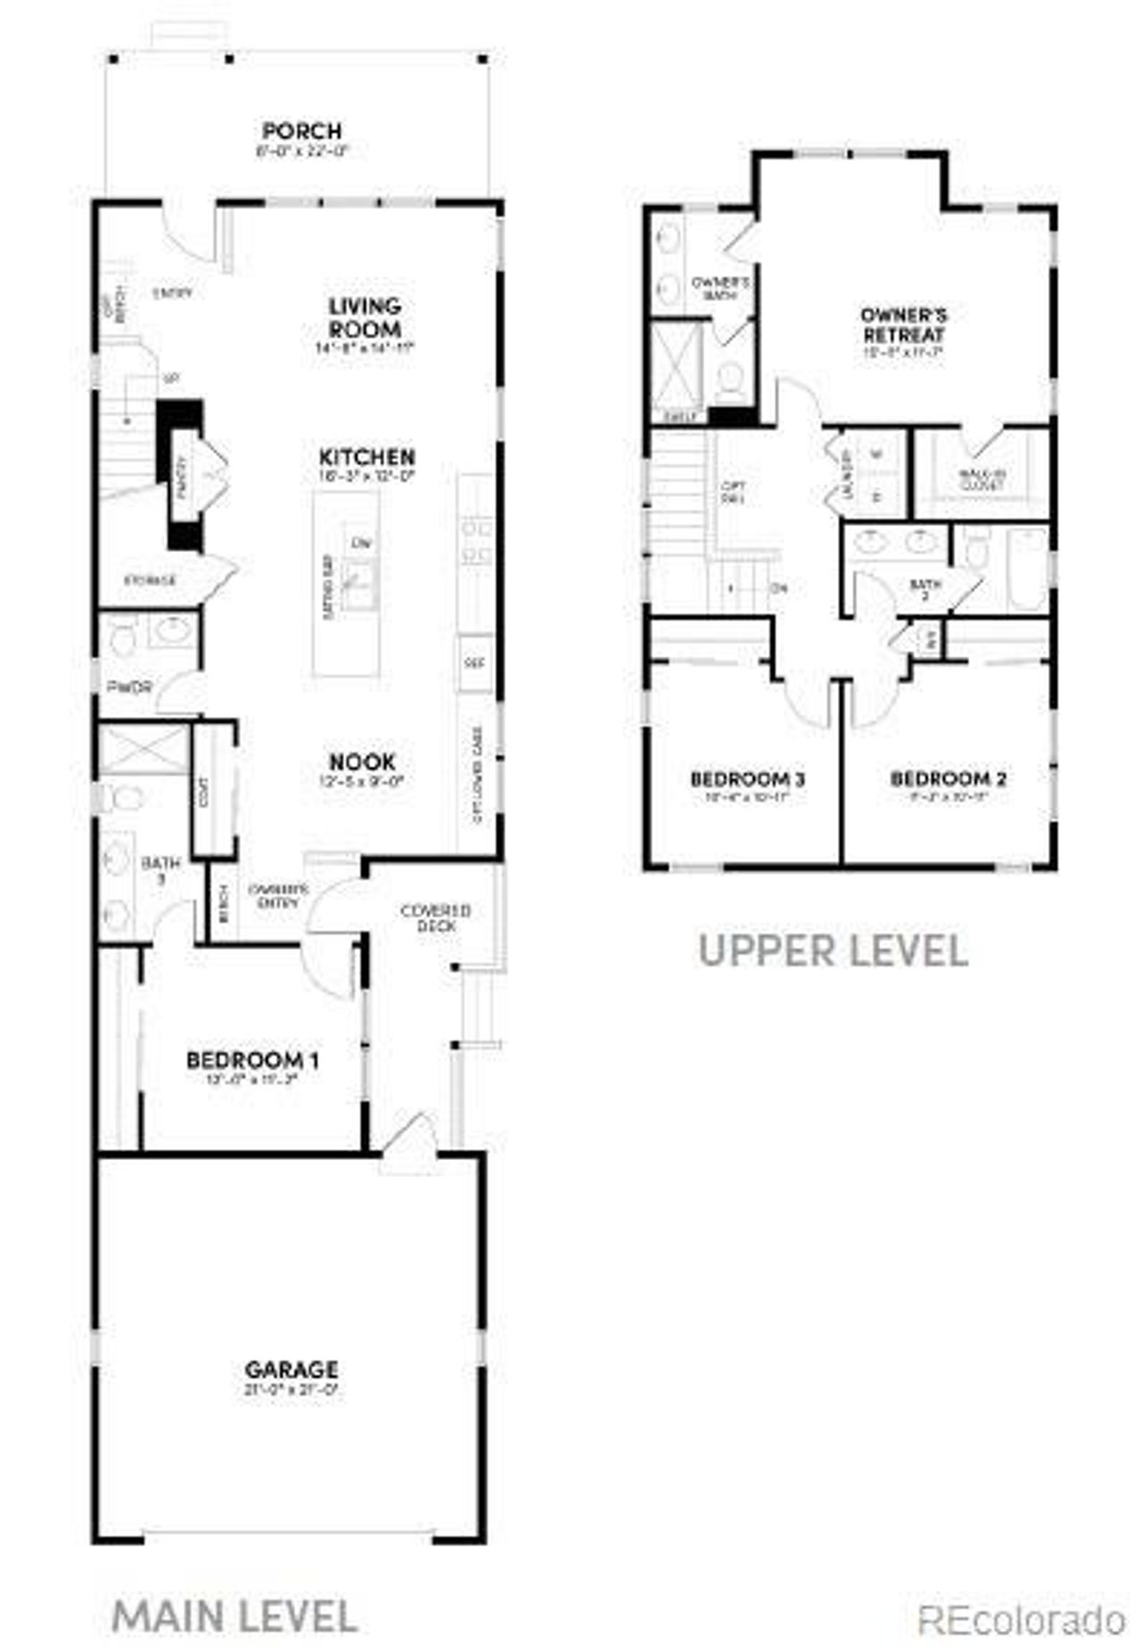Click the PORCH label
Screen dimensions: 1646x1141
(302, 131)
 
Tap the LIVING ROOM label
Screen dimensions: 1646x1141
(365, 317)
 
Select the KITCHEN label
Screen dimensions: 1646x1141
(366, 457)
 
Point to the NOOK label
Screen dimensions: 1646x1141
(362, 762)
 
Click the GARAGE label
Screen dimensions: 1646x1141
(291, 1369)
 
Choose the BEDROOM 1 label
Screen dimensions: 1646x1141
(252, 1060)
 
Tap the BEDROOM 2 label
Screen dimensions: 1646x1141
(948, 779)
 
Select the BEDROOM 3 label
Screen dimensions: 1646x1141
(748, 779)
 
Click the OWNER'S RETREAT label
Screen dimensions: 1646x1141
(903, 325)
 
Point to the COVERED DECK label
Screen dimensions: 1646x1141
(436, 918)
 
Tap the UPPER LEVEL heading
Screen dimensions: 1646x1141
(833, 951)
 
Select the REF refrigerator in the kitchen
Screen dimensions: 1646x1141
(474, 663)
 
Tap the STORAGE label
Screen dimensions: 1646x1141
(150, 580)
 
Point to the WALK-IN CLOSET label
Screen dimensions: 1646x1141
(982, 479)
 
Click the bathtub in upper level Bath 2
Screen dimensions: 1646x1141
(1018, 569)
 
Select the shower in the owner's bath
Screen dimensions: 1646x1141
(677, 365)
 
